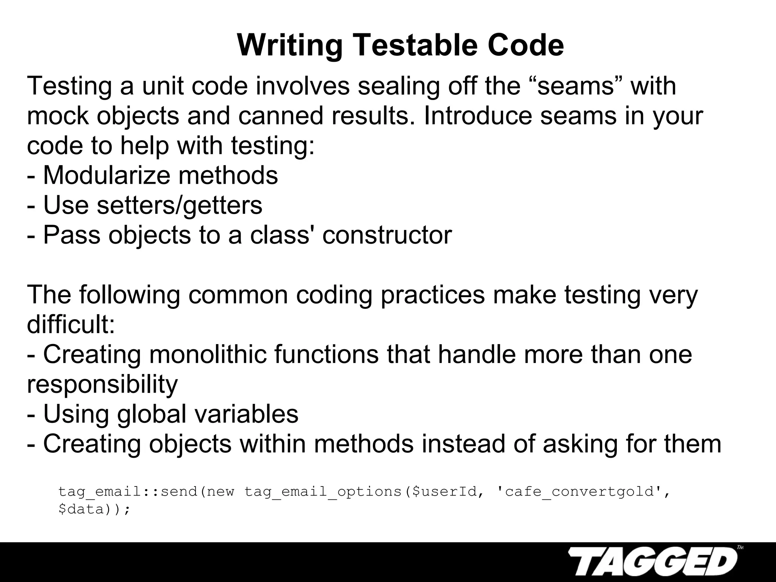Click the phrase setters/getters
[179, 205]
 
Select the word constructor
[387, 235]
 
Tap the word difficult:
[71, 325]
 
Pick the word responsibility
[102, 384]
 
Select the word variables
[246, 414]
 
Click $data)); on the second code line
[94, 509]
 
